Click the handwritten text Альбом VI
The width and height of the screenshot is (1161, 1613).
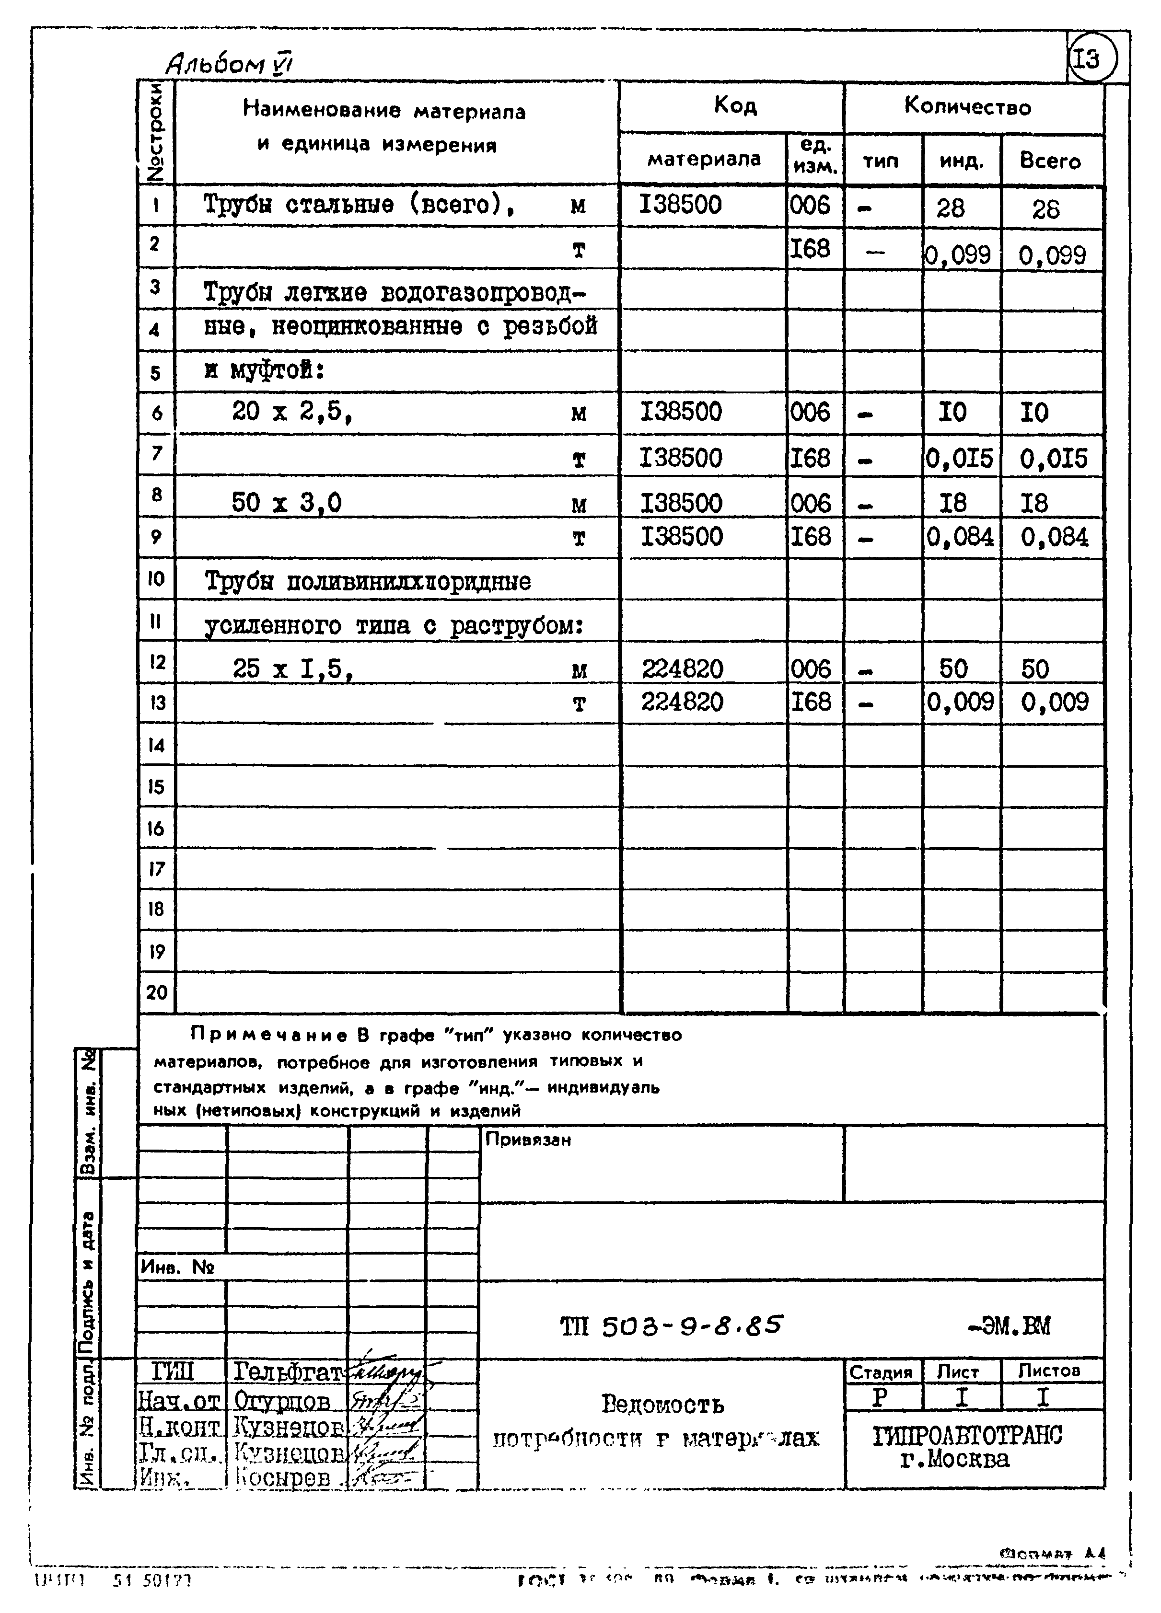229,65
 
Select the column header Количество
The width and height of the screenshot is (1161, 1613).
967,107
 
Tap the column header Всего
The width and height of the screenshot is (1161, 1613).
1050,161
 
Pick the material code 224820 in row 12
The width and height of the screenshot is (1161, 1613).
682,668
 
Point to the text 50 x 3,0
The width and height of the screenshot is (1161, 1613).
286,503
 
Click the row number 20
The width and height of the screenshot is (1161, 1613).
156,991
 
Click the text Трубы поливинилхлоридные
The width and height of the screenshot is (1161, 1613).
368,582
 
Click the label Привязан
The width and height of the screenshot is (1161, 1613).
528,1140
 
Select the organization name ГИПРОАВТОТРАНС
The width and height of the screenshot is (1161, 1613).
967,1436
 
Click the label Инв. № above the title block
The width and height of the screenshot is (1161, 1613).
178,1267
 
